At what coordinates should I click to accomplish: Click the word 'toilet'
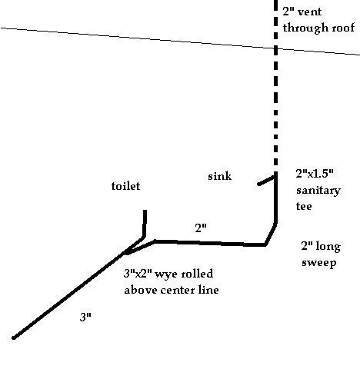coord(126,186)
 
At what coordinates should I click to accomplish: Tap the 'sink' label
coord(219,176)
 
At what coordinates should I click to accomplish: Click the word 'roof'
coord(344,28)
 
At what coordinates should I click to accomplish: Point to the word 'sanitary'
coord(318,191)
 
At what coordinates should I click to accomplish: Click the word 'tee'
coord(304,206)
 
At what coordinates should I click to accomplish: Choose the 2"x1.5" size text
coord(315,174)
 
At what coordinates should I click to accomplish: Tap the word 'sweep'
coord(318,263)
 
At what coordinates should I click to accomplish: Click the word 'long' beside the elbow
coord(328,247)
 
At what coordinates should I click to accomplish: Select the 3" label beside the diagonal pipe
coord(85,317)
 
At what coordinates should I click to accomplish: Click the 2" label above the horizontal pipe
coord(201,228)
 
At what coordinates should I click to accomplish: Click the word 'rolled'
coord(197,274)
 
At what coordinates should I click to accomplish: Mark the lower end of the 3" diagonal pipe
coord(14,337)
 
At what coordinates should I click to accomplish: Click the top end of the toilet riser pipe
coord(145,211)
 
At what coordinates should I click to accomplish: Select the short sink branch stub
coord(267,181)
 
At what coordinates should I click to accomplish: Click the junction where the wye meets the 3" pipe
coord(126,253)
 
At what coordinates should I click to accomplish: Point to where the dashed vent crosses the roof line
coord(275,48)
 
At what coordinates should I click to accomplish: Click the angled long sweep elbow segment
coord(271,234)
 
